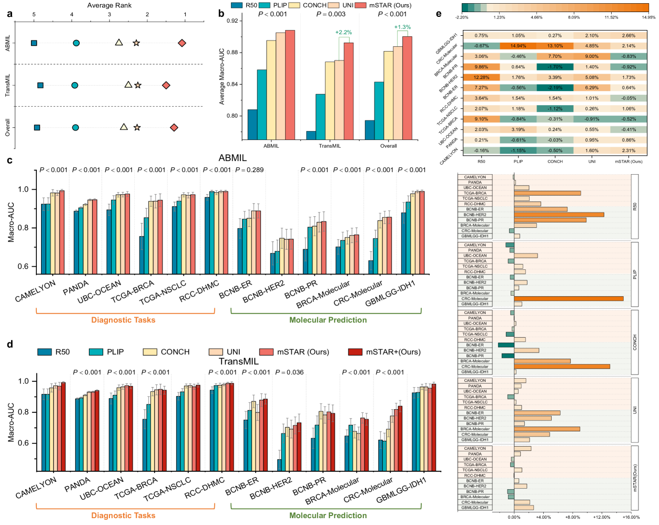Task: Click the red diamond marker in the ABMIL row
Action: [182, 43]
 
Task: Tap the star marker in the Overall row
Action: [137, 127]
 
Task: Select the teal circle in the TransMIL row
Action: [75, 85]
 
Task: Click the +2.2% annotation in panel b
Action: [343, 33]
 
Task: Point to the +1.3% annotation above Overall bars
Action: [402, 27]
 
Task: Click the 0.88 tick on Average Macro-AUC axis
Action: [231, 53]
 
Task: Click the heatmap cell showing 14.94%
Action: [518, 46]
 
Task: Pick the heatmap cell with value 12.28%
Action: [481, 77]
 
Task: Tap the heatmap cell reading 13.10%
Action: [555, 46]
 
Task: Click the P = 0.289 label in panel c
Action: [249, 170]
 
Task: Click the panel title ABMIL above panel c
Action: [232, 158]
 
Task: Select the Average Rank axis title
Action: [109, 5]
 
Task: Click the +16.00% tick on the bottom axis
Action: [631, 517]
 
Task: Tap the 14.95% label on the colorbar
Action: [648, 17]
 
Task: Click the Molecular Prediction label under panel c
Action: [328, 320]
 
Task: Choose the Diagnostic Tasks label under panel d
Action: [123, 516]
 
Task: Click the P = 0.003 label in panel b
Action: [331, 14]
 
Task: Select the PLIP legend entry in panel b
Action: [273, 5]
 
